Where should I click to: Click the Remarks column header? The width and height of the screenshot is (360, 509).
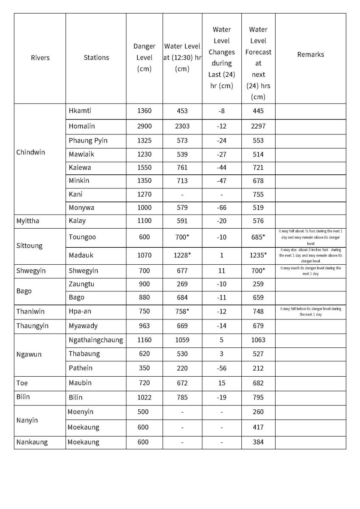(310, 55)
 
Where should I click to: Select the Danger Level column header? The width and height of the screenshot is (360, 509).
(144, 57)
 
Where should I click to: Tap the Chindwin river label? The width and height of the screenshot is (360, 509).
(31, 152)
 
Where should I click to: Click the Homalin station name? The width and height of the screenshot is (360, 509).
(82, 126)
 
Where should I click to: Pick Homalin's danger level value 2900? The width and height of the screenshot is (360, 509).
(144, 126)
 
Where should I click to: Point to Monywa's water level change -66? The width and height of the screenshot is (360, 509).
(221, 207)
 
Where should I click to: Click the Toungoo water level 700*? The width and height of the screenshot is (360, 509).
(182, 237)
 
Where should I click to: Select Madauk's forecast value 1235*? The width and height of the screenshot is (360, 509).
(258, 255)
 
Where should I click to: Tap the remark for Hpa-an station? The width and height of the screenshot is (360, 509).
(310, 311)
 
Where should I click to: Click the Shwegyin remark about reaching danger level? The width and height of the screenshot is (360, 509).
(310, 271)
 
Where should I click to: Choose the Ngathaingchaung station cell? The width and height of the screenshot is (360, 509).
(96, 340)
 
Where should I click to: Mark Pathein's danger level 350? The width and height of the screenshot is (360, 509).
(144, 368)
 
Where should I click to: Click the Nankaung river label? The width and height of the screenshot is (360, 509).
(32, 442)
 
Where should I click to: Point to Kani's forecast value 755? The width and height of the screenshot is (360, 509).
(258, 194)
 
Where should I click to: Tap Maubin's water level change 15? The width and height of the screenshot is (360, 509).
(221, 383)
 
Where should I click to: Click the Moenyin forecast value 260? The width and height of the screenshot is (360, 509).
(258, 412)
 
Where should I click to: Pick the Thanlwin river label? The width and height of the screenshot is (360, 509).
(31, 311)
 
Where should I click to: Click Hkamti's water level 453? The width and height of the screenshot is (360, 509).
(182, 111)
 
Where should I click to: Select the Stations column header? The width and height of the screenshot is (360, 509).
(96, 57)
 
